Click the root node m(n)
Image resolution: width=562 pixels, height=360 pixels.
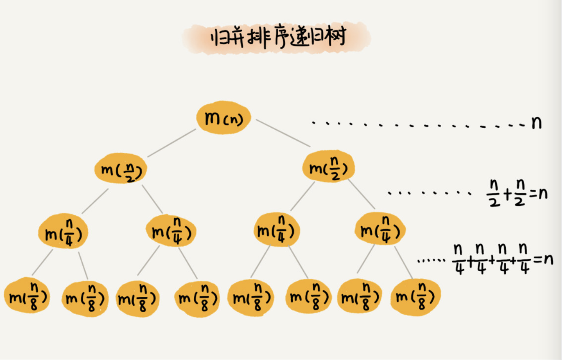click(223, 118)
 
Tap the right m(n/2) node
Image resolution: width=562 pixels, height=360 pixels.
click(328, 167)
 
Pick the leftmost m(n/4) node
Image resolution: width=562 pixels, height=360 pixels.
click(63, 232)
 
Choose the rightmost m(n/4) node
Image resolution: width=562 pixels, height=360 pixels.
click(380, 230)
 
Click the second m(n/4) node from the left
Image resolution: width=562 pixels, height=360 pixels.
click(171, 231)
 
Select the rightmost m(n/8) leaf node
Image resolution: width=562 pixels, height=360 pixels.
click(415, 297)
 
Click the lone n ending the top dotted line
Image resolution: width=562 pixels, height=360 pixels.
click(536, 122)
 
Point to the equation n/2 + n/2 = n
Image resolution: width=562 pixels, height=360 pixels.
click(517, 193)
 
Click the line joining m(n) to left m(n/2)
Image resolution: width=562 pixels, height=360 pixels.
click(172, 143)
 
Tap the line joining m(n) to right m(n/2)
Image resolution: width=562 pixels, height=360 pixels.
click(283, 133)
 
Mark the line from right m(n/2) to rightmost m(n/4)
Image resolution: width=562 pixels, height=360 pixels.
click(361, 194)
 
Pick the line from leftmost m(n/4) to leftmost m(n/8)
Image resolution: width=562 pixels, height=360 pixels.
click(42, 263)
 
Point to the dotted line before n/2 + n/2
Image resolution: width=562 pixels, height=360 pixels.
click(429, 193)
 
